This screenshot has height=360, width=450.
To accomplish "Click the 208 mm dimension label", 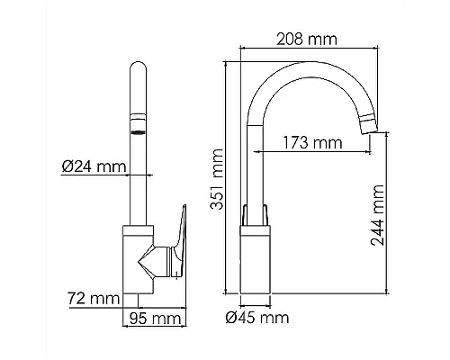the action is (307, 39).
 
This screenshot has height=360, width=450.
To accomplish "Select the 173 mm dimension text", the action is (312, 142).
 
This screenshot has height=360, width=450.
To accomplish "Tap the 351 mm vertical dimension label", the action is (217, 179).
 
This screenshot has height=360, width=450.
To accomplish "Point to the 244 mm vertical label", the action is (377, 215).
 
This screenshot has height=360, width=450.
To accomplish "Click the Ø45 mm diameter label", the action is (257, 317).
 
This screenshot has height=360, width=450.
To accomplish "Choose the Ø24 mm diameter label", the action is (94, 166).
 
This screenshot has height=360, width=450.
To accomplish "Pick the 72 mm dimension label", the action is (94, 298).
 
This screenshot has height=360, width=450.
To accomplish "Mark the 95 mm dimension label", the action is (156, 319).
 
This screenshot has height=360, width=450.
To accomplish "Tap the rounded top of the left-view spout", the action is (139, 66).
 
